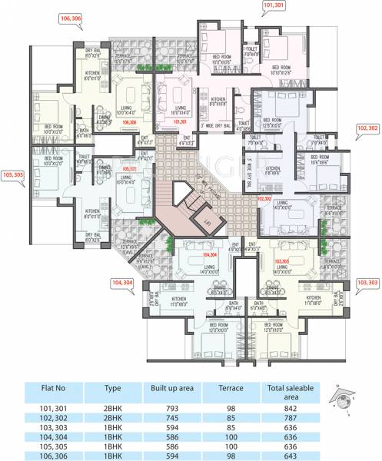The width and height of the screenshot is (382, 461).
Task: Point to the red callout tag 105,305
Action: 14,174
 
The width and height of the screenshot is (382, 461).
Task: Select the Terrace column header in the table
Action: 231,389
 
